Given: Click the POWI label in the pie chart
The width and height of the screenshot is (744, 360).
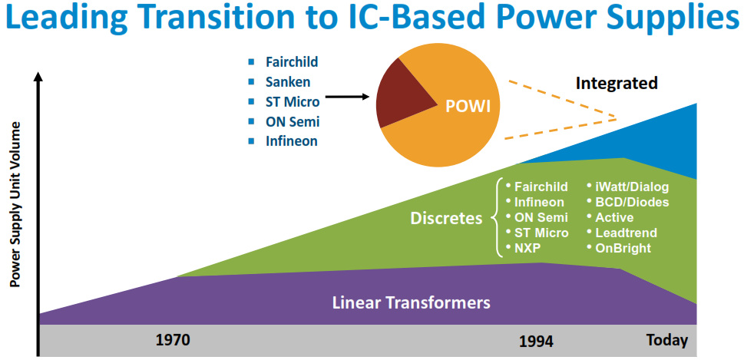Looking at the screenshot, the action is click(467, 107).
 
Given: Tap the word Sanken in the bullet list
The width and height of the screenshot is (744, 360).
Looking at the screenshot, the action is click(288, 82).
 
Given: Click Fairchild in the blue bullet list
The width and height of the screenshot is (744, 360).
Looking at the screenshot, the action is click(292, 62).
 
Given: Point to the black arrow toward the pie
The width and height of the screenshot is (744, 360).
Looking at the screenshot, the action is click(348, 97).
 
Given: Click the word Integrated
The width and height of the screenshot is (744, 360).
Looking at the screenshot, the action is click(617, 84).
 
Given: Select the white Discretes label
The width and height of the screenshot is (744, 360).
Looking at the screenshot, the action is click(446, 219).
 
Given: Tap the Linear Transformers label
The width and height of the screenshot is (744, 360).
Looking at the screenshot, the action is click(412, 302).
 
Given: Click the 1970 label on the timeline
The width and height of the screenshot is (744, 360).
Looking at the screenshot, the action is click(173, 340).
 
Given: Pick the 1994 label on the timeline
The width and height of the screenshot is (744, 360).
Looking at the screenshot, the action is click(536, 342).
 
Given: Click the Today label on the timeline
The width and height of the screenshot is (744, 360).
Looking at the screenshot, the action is click(666, 340).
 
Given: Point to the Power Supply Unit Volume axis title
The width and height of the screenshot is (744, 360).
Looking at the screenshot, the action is click(16, 204).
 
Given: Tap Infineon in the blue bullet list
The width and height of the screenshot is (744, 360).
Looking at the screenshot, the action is click(291, 141).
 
